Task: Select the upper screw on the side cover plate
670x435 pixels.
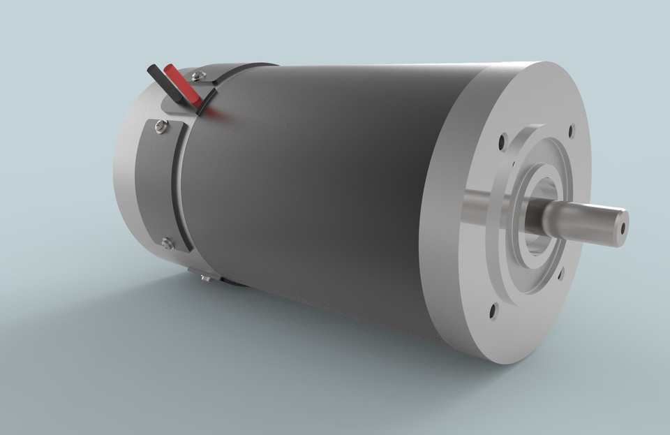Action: [x=161, y=126]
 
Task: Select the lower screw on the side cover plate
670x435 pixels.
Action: [x=166, y=243]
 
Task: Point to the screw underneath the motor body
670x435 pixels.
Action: [x=205, y=278]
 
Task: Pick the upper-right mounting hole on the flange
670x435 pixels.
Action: [x=572, y=129]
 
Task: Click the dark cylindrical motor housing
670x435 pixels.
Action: [x=314, y=189]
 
